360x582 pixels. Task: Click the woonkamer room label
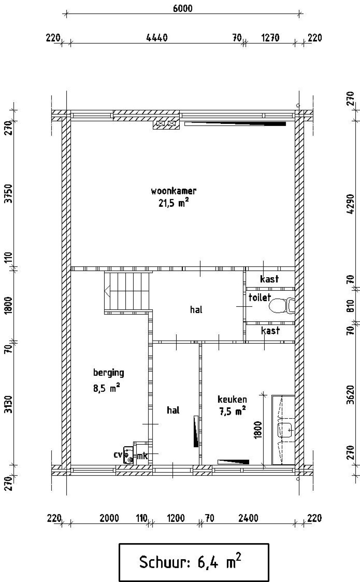[x=174, y=191]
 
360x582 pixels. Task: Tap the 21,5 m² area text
[x=173, y=203]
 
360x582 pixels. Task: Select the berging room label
[x=109, y=373]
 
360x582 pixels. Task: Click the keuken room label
[x=232, y=399]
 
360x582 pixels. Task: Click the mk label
[x=142, y=456]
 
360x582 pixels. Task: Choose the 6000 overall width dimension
[x=183, y=8]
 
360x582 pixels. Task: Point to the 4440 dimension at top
[x=157, y=38]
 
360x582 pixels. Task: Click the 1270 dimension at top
[x=270, y=38]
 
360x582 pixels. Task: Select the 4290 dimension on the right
[x=350, y=204]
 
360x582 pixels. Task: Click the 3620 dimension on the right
[x=350, y=395]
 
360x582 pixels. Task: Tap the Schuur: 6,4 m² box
[x=194, y=562]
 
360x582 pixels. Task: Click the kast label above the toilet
[x=269, y=279]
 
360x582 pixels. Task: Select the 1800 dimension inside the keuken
[x=258, y=430]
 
